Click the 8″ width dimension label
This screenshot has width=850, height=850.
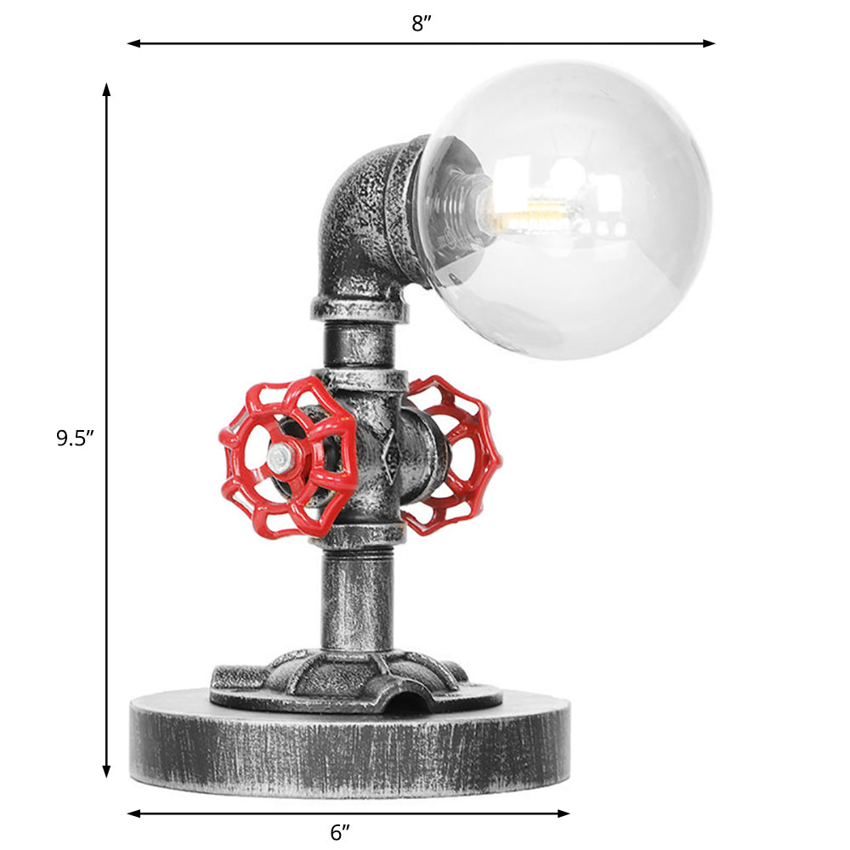click(x=422, y=24)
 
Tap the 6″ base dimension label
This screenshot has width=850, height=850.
click(x=340, y=833)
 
